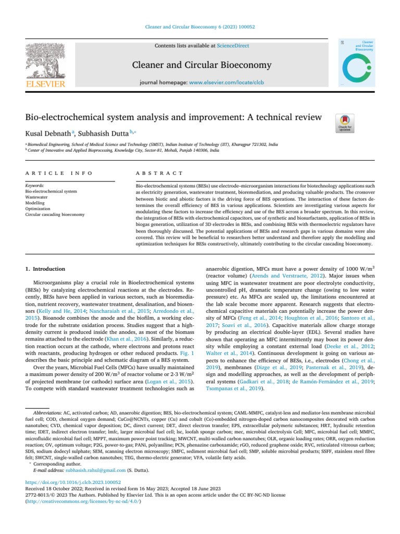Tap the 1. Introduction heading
tap(44, 269)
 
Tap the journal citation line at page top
tap(200, 26)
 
